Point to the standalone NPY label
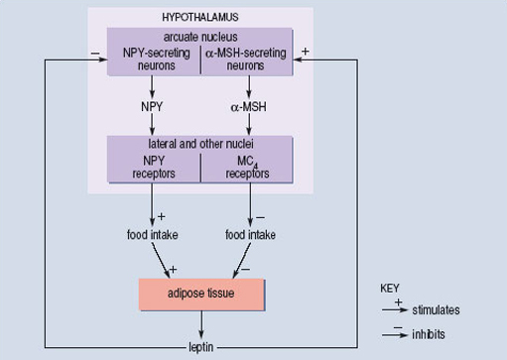click(x=152, y=101)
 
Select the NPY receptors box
click(x=153, y=165)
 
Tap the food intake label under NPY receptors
click(x=152, y=235)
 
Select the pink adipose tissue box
click(x=201, y=294)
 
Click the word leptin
click(x=201, y=348)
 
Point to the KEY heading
click(x=391, y=289)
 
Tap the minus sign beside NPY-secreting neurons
click(x=93, y=50)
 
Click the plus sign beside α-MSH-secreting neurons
click(x=305, y=50)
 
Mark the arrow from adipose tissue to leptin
click(x=201, y=325)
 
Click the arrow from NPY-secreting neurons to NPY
click(x=152, y=83)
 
